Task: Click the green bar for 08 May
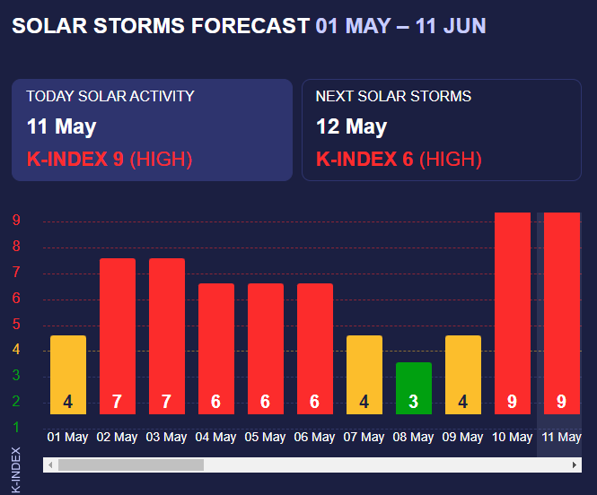[x=414, y=387]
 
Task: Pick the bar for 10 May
[x=513, y=313]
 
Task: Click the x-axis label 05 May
[x=266, y=438]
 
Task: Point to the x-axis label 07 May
[x=364, y=438]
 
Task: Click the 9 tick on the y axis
[x=16, y=221]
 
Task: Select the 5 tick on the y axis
[x=16, y=325]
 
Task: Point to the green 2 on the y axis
[x=16, y=402]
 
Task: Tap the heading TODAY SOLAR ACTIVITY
[x=110, y=97]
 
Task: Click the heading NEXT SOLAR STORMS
[x=393, y=97]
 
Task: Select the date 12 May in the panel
[x=351, y=126]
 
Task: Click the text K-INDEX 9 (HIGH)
[x=110, y=160]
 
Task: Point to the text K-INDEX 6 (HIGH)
[x=399, y=160]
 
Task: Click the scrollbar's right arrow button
[x=575, y=465]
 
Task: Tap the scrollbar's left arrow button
[x=51, y=465]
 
